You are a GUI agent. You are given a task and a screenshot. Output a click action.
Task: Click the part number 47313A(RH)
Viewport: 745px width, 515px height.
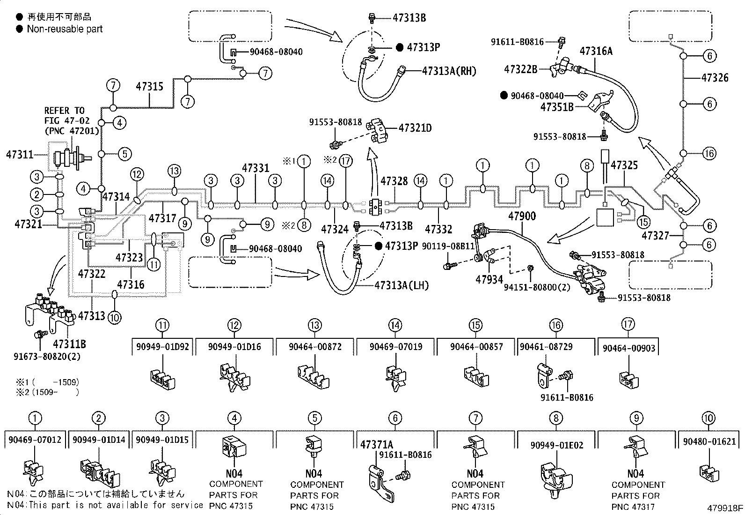click(449, 71)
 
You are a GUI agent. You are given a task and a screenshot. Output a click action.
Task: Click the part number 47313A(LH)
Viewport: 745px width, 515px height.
click(402, 285)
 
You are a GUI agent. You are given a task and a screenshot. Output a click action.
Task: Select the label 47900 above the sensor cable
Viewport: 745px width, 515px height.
click(522, 216)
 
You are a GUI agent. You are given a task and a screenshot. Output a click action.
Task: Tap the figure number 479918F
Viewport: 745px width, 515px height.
click(725, 508)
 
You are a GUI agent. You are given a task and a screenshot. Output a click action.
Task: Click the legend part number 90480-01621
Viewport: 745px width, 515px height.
click(709, 441)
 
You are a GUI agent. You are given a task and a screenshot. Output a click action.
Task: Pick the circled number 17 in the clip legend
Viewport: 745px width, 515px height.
click(628, 324)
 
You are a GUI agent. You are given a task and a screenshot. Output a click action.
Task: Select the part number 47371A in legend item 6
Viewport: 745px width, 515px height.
click(376, 444)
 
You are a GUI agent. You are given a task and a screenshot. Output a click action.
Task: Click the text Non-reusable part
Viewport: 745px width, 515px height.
click(65, 29)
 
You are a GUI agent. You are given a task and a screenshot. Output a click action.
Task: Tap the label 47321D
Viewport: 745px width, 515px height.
click(415, 127)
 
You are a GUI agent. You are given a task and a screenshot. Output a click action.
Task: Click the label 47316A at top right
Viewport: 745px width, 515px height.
click(596, 51)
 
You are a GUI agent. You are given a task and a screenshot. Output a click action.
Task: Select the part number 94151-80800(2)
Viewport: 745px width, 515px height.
click(537, 287)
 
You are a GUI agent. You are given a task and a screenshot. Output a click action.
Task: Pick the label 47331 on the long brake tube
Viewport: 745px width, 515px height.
click(256, 167)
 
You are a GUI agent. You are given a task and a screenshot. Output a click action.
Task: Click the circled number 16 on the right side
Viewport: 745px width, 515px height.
click(709, 153)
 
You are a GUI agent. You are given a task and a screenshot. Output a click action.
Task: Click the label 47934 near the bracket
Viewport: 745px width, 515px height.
click(489, 280)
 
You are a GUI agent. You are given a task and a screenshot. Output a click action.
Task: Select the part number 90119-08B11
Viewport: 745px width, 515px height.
click(448, 246)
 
